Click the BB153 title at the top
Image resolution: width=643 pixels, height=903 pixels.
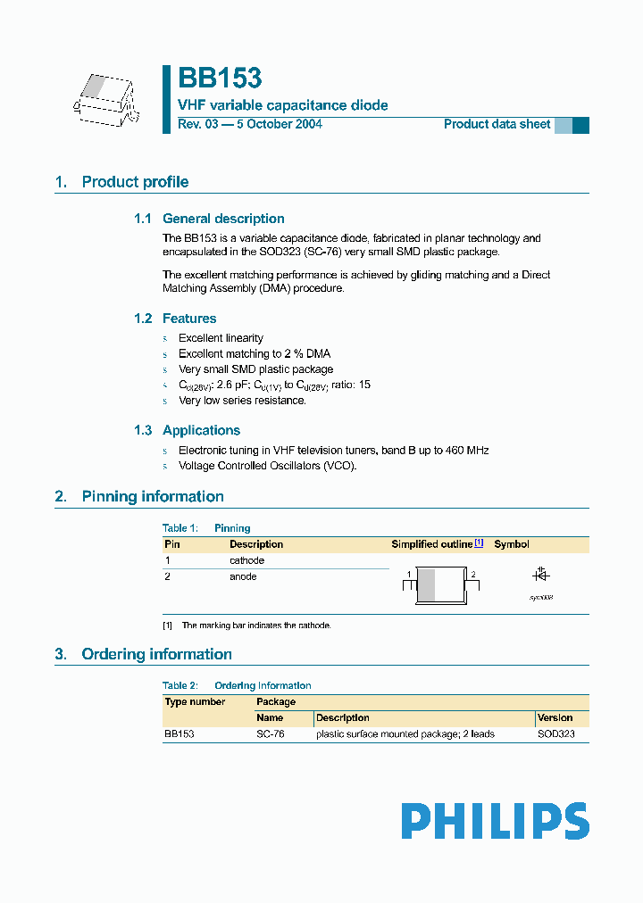[220, 79]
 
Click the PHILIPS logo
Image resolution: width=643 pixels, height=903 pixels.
[495, 821]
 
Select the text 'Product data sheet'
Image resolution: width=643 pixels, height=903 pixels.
[497, 124]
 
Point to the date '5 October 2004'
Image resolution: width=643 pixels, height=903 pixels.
[279, 124]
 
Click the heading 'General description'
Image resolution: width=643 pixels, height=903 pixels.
[223, 219]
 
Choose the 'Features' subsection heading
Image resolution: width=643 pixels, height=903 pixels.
[188, 319]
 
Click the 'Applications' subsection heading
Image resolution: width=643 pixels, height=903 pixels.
[201, 430]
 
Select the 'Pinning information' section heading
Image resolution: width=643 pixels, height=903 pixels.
[152, 496]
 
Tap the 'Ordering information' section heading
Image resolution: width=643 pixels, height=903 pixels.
[156, 654]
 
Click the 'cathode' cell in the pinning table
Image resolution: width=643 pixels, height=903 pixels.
[246, 560]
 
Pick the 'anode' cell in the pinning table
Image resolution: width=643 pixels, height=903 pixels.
[243, 576]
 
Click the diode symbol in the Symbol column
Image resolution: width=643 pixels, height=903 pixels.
[540, 576]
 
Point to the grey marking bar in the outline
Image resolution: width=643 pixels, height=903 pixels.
[427, 585]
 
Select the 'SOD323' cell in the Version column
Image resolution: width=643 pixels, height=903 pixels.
[555, 734]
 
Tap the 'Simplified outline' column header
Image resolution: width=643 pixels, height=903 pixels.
[431, 544]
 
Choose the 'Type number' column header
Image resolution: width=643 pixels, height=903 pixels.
[195, 702]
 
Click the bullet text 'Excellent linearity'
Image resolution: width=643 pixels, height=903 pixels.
[221, 338]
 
